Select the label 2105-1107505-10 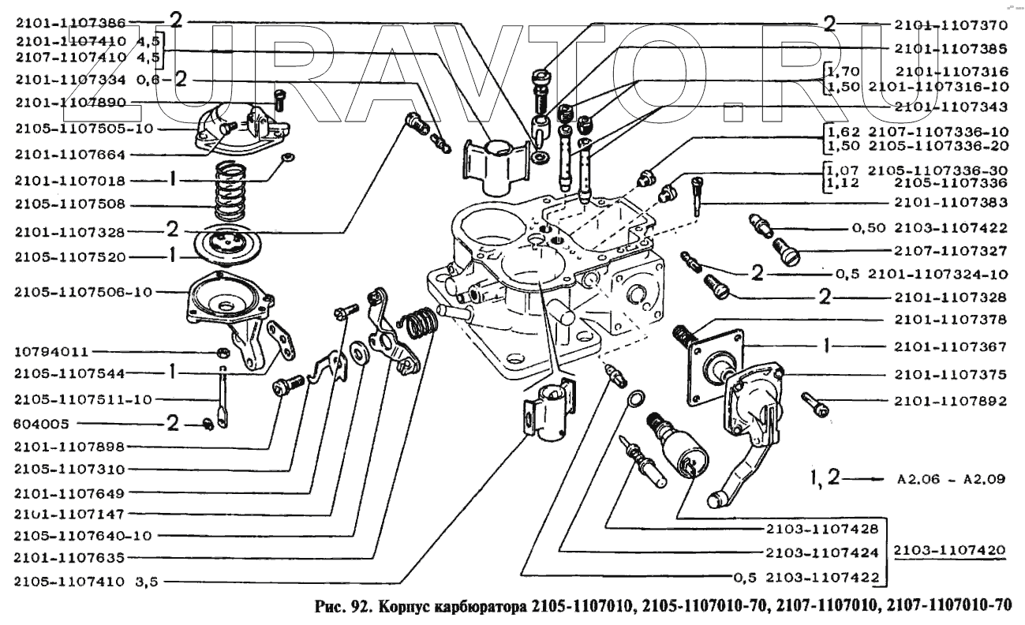84,129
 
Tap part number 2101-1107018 70,182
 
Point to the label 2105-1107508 70,204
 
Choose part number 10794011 51,352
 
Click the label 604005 41,424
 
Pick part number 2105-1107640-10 83,536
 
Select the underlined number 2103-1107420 949,549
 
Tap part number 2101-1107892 951,401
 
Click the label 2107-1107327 951,251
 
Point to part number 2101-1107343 951,107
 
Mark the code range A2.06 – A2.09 951,479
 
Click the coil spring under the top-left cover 230,191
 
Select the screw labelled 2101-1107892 815,405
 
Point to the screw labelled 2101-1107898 288,385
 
